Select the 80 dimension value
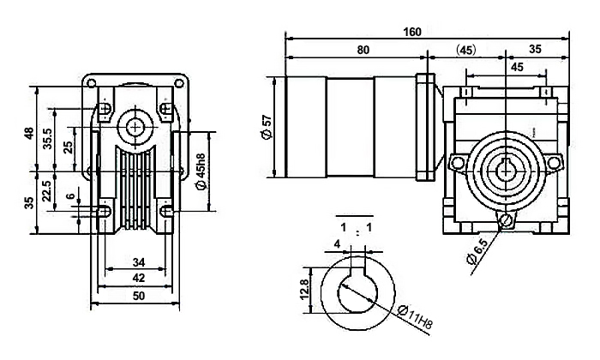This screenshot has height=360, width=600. (x=363, y=51)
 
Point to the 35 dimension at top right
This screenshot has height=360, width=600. (x=535, y=51)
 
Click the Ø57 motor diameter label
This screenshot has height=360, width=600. (x=267, y=127)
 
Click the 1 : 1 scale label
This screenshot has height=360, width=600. (x=356, y=227)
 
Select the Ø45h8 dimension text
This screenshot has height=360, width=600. (x=200, y=171)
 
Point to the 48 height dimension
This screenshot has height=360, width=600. (x=28, y=135)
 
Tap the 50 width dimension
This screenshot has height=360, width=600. (x=138, y=296)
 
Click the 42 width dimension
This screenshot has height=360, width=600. (x=139, y=278)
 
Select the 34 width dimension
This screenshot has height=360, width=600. (x=139, y=261)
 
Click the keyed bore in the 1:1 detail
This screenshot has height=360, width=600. (x=357, y=293)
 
